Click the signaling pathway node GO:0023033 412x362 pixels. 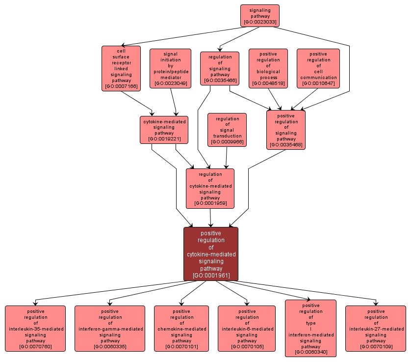click(259, 16)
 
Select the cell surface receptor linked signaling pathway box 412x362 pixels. click(121, 68)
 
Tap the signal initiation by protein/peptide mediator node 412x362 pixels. click(169, 68)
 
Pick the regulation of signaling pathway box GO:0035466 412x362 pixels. click(220, 68)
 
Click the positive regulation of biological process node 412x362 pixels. click(268, 68)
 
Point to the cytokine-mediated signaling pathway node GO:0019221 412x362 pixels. click(164, 130)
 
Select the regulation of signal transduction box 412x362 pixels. click(227, 130)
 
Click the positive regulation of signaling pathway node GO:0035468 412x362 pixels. click(286, 130)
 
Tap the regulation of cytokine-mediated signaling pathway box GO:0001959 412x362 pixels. click(210, 188)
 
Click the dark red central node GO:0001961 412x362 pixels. click(211, 254)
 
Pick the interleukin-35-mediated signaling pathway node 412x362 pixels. click(35, 329)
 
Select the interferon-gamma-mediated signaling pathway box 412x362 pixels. click(110, 329)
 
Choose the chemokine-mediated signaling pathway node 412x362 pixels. click(182, 329)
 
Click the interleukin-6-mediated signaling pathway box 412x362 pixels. click(247, 329)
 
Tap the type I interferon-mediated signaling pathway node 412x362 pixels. click(310, 328)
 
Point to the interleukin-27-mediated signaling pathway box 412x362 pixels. click(376, 329)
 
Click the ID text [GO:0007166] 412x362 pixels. click(121, 86)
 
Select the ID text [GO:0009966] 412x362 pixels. click(227, 142)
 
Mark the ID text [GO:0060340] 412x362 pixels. click(310, 352)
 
